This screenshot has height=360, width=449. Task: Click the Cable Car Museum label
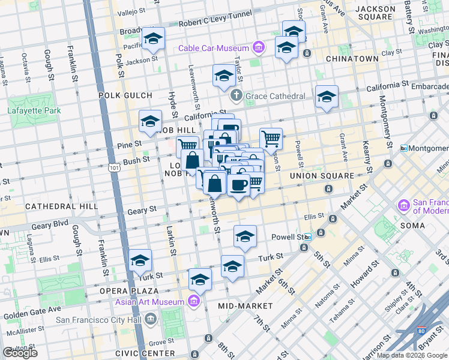(212, 48)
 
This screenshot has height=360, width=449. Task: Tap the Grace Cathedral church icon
(237, 95)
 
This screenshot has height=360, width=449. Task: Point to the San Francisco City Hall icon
(150, 319)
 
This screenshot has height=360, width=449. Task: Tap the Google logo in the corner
(20, 353)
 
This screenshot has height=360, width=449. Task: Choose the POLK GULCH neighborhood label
(122, 95)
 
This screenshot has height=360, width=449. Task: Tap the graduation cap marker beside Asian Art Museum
(200, 279)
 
